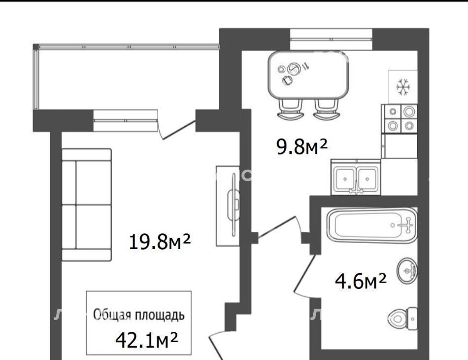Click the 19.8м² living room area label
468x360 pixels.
click(160, 242)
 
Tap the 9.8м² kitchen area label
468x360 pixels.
click(302, 147)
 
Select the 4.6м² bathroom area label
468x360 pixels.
click(361, 281)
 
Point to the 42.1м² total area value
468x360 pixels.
click(146, 340)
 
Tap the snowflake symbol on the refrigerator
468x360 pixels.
click(403, 87)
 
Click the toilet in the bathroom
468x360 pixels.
click(403, 319)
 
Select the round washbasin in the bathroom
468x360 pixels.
click(407, 271)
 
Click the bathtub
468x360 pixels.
click(372, 225)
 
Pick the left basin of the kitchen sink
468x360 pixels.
click(345, 179)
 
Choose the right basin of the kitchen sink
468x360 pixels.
click(368, 179)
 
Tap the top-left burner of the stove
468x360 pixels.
click(393, 112)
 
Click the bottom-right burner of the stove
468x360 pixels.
click(409, 126)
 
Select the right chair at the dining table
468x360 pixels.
click(327, 109)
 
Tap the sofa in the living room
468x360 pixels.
click(87, 205)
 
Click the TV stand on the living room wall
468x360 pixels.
click(228, 206)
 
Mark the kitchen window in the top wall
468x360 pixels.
click(332, 38)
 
